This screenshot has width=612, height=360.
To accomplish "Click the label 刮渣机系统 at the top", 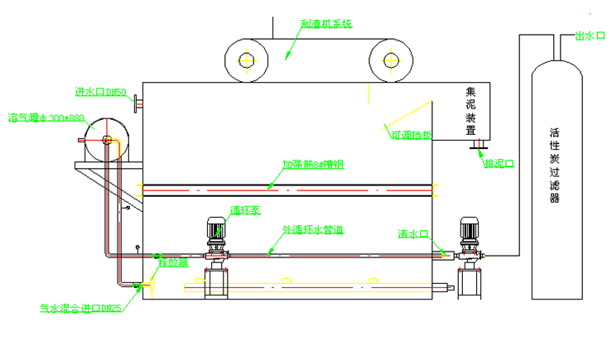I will [325, 24].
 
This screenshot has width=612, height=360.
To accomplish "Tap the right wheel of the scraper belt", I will [393, 60].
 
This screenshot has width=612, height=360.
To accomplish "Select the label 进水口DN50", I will [100, 92].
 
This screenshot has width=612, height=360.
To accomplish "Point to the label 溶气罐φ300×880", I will [46, 117].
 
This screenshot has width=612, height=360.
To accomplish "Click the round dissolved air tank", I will [106, 137].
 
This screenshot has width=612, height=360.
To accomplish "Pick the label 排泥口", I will [499, 164].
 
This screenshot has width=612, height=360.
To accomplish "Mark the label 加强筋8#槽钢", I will [312, 164].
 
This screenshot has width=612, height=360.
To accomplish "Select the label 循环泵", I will [245, 210].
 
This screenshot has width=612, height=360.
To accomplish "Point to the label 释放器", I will [173, 262].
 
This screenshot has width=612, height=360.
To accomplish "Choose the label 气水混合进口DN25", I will [81, 309].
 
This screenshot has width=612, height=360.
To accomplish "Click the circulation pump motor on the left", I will [216, 230].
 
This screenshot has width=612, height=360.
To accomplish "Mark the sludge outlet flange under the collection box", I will [479, 146].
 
